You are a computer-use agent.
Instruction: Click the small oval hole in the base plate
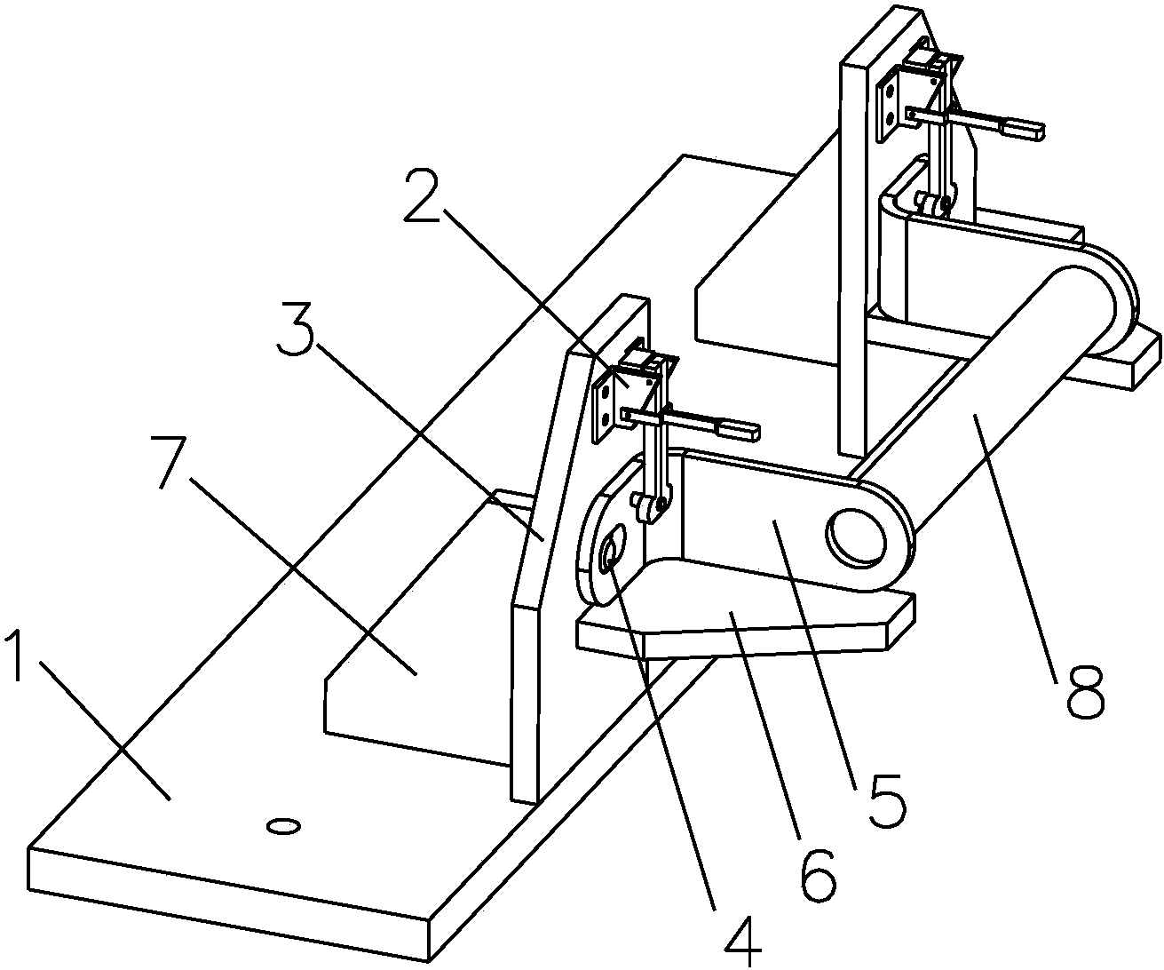pos(283,827)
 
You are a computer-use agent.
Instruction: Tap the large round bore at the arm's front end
pos(858,536)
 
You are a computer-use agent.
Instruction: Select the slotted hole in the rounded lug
pos(612,550)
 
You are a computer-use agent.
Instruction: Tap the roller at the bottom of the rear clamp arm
pos(934,206)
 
